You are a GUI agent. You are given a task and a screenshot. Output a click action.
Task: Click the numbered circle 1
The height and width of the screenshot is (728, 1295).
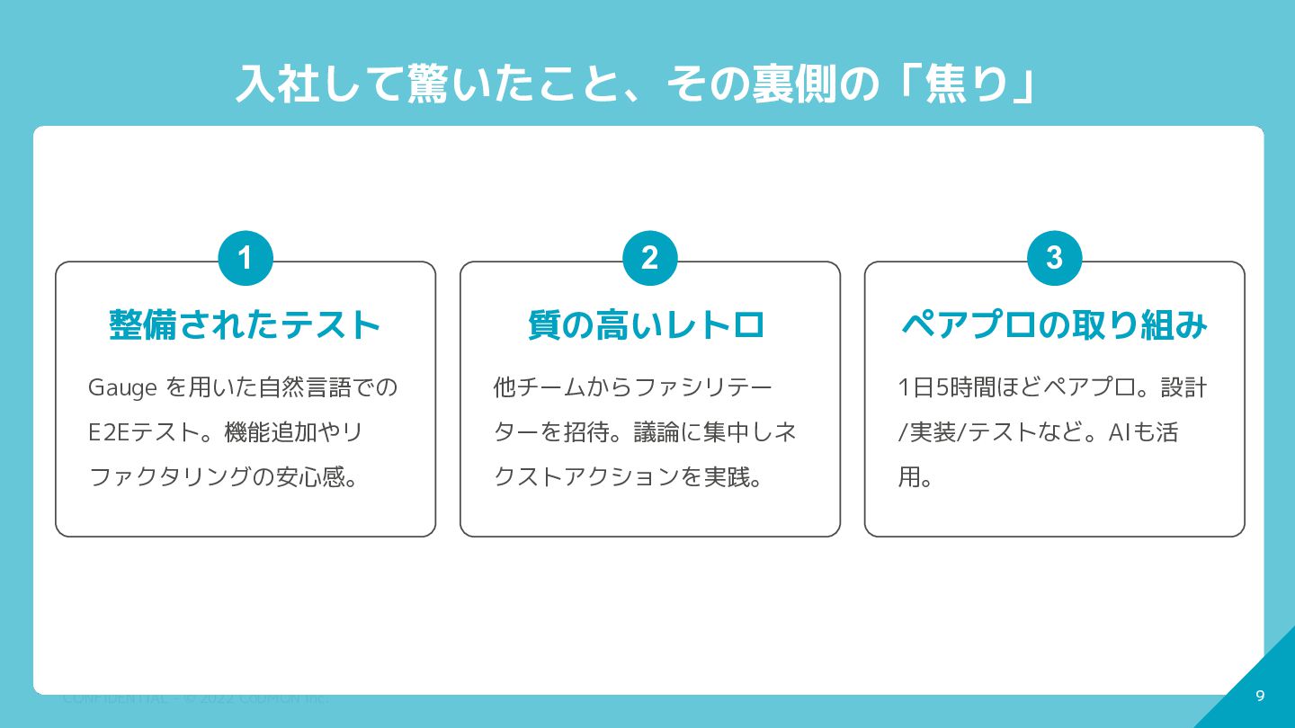tap(245, 259)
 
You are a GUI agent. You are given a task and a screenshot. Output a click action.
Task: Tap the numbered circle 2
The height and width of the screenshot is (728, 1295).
tap(649, 259)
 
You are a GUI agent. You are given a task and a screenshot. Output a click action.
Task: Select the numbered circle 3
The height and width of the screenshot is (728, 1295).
tap(1054, 259)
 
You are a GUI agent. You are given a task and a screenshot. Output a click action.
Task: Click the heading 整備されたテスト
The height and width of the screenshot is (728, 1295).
tap(245, 325)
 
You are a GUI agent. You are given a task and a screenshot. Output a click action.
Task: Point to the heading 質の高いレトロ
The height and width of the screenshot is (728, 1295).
tap(647, 325)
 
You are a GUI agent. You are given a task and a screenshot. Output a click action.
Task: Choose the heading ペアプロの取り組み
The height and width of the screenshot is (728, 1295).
tap(1054, 325)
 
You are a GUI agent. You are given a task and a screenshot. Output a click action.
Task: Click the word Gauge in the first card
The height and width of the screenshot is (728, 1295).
tap(123, 388)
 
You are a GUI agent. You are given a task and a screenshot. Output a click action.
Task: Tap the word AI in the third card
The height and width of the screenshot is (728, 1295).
tap(1118, 432)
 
